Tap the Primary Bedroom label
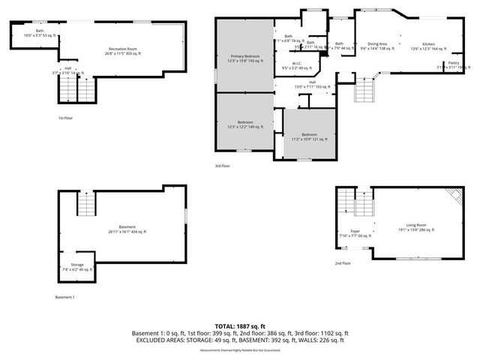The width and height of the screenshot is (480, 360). tap(245, 58)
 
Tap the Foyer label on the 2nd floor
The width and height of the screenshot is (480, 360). tap(355, 233)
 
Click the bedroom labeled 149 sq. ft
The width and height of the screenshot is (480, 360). tap(245, 124)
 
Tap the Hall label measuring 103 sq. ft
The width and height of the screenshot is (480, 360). tap(312, 84)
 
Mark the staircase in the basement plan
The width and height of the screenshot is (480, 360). tap(87, 202)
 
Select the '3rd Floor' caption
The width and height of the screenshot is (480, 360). tap(222, 166)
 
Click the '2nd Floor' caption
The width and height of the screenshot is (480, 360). tap(343, 264)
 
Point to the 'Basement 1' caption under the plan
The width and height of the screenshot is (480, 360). tap(65, 297)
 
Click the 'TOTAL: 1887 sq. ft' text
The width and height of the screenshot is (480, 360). tap(239, 326)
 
